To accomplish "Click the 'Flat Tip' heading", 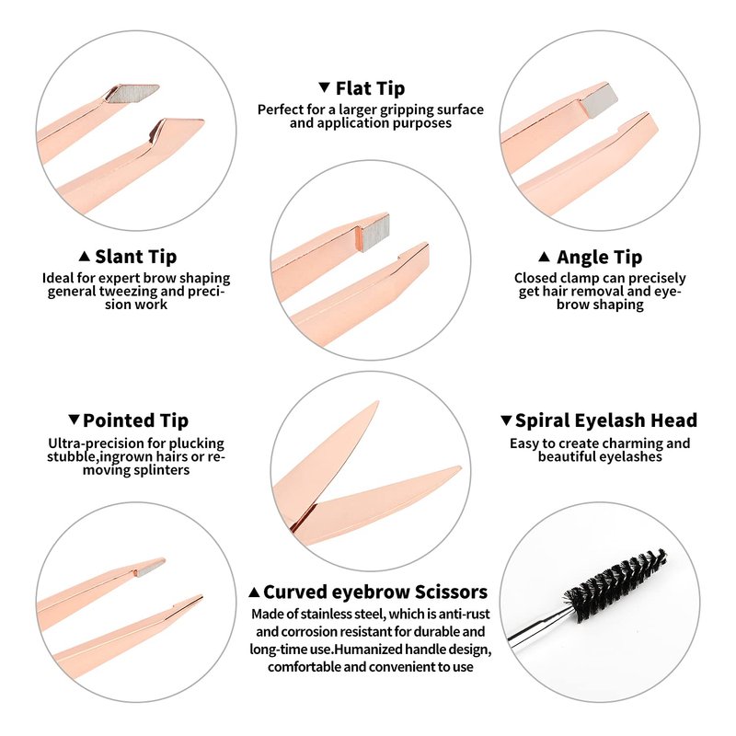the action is (370, 88).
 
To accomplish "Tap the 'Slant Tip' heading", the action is (135, 257).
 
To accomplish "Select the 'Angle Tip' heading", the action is (600, 258).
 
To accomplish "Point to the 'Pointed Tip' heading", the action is (135, 420).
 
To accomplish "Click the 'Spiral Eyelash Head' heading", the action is (606, 420).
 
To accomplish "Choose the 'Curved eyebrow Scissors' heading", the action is (375, 592).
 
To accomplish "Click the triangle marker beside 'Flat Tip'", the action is (324, 87).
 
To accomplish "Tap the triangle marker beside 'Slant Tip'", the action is (84, 257).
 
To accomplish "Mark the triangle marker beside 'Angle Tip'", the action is (544, 257).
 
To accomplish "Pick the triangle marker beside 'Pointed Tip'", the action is (74, 420).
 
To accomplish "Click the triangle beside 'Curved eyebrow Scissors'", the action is (254, 592).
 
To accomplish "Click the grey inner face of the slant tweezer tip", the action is (132, 94).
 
